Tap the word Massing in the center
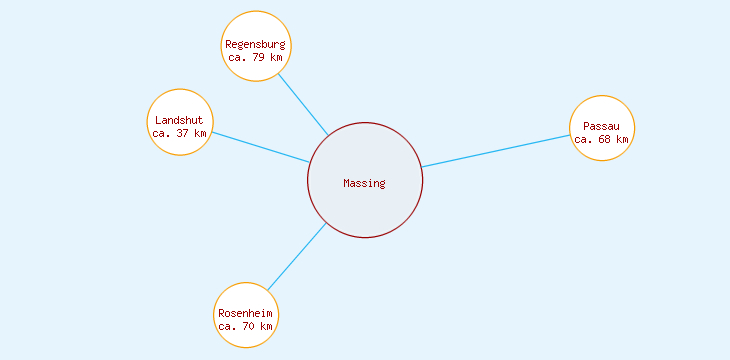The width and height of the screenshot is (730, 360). [x=364, y=183]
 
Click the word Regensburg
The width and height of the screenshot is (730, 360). [x=255, y=44]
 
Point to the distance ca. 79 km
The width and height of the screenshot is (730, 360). [x=255, y=58]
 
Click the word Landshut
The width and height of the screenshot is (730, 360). [x=179, y=120]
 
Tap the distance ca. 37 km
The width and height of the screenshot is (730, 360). [x=179, y=133]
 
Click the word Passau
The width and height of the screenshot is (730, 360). [x=601, y=126]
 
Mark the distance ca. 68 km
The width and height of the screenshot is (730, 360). [x=601, y=139]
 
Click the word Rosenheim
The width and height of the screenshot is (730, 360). [x=245, y=313]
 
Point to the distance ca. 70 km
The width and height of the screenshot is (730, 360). [x=245, y=327]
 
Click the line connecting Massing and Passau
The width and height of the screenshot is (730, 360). [x=495, y=150]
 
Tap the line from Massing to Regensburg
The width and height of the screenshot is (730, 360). [x=303, y=104]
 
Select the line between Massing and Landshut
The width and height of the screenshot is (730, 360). [x=260, y=147]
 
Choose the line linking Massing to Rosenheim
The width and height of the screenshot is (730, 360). [x=297, y=257]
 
